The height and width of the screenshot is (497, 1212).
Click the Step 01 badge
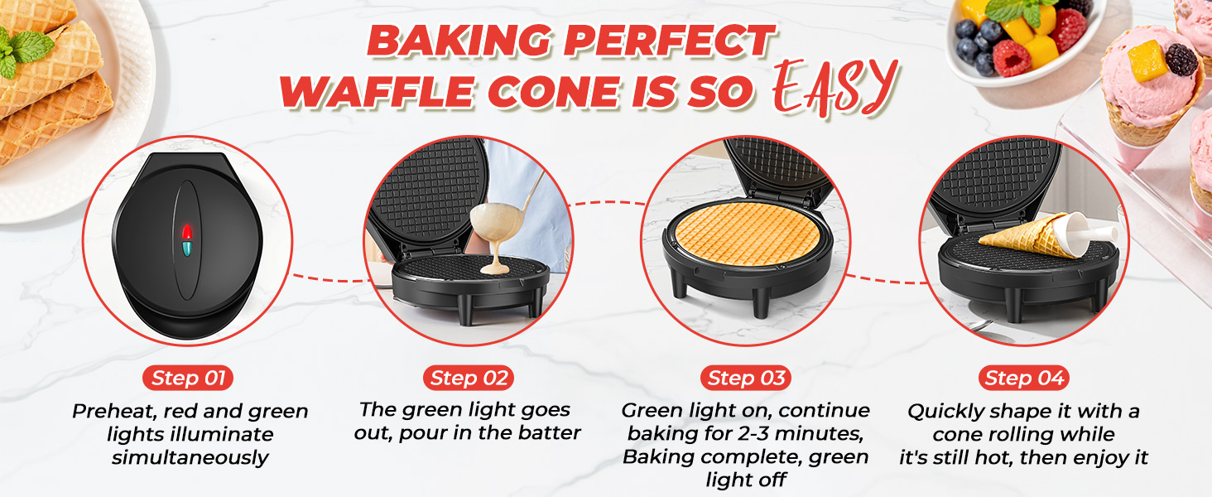tap(186, 379)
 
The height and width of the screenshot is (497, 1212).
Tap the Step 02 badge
tap(468, 379)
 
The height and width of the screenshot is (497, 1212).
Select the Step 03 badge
tap(745, 379)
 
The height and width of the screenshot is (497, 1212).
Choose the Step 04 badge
tap(1023, 379)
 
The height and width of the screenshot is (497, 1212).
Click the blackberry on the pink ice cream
tap(1181, 59)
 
